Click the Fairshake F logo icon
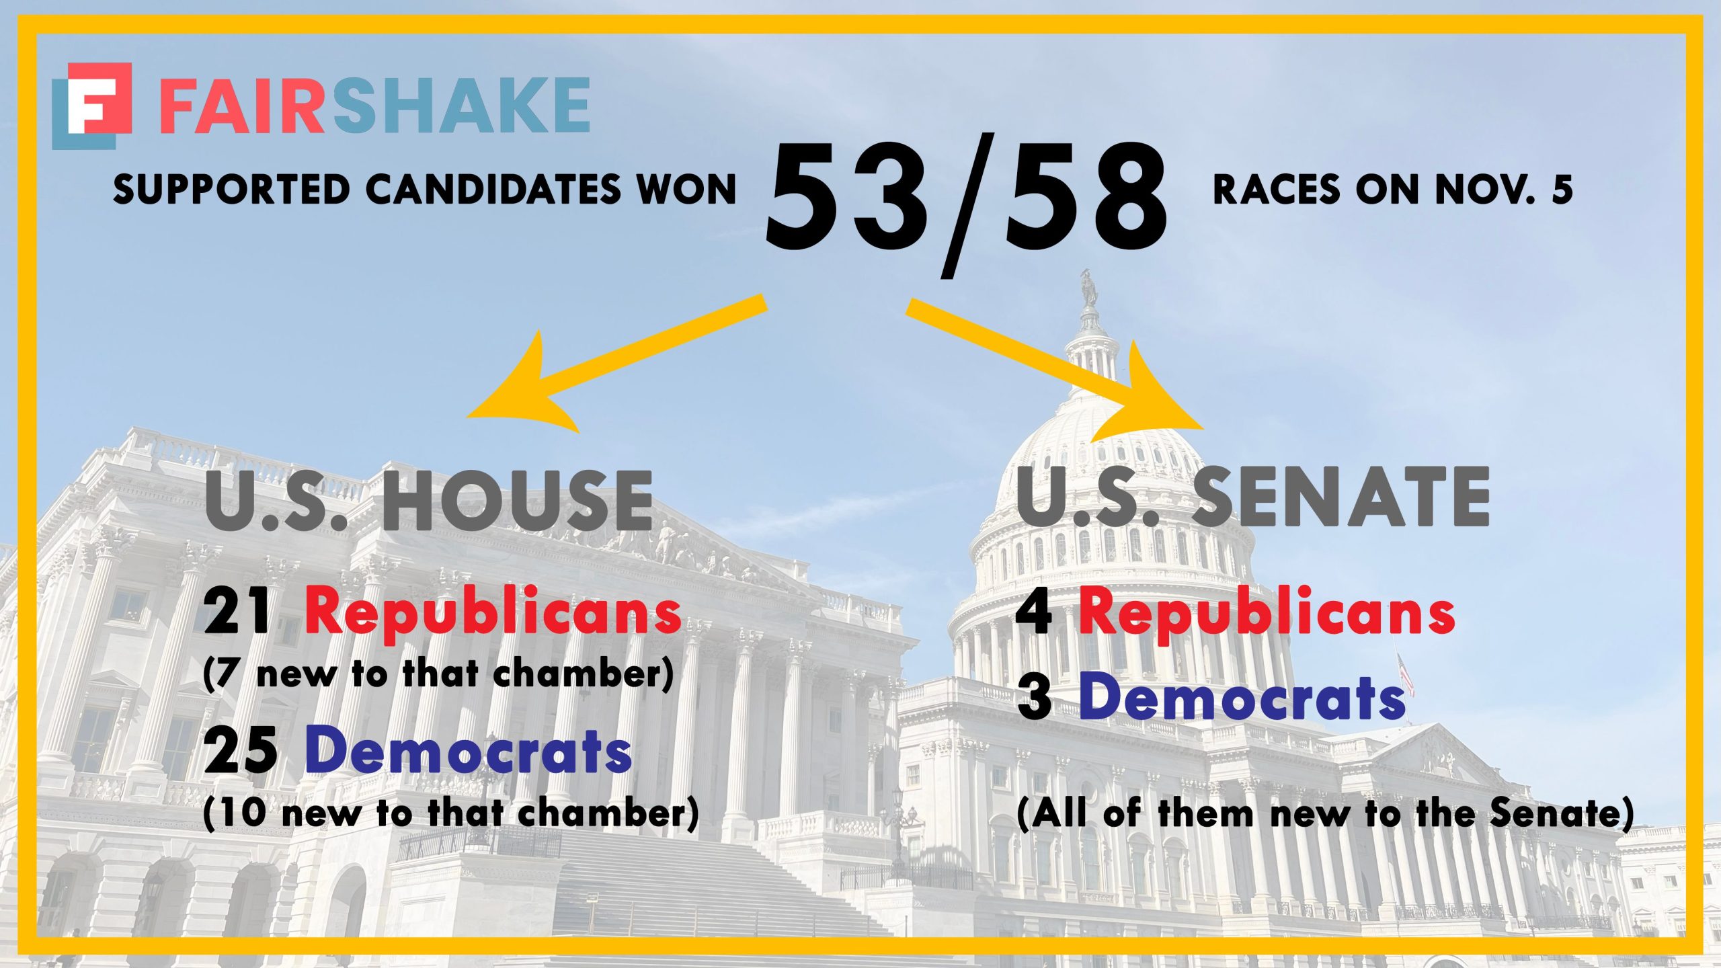point(92,106)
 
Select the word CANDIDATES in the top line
point(494,190)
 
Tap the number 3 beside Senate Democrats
point(1035,698)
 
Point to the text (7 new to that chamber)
point(438,674)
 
